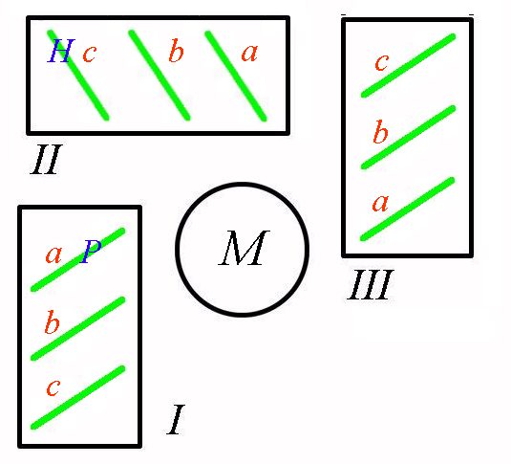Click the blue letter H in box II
pyautogui.click(x=61, y=51)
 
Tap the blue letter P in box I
pyautogui.click(x=91, y=251)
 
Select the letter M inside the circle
pyautogui.click(x=244, y=248)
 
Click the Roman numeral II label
pyautogui.click(x=46, y=159)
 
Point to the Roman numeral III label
pyautogui.click(x=371, y=285)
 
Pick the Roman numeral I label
pyautogui.click(x=176, y=420)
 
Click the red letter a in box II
pyautogui.click(x=249, y=53)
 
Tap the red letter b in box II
pyautogui.click(x=177, y=51)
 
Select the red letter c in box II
pyautogui.click(x=89, y=54)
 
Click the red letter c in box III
pyautogui.click(x=382, y=62)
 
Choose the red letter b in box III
pyautogui.click(x=381, y=132)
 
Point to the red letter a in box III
pyautogui.click(x=380, y=203)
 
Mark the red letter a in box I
pyautogui.click(x=53, y=254)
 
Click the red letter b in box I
pyautogui.click(x=53, y=322)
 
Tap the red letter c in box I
pyautogui.click(x=53, y=387)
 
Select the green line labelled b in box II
pyautogui.click(x=160, y=76)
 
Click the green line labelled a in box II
pyautogui.click(x=236, y=77)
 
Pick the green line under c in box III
pyautogui.click(x=408, y=65)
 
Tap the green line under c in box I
pyautogui.click(x=78, y=397)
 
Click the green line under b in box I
pyautogui.click(x=78, y=328)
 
